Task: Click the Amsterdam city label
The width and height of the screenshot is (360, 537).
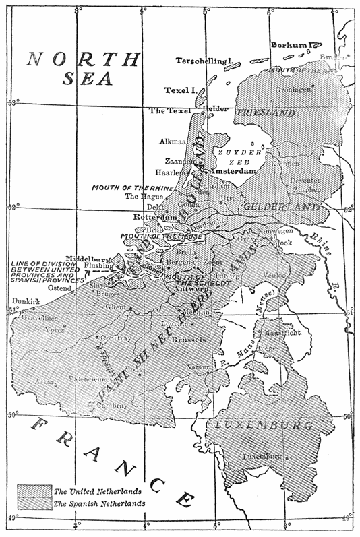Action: [x=231, y=172]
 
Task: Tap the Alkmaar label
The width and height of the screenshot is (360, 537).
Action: [x=174, y=142]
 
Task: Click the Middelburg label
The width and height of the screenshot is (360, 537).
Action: [x=84, y=257]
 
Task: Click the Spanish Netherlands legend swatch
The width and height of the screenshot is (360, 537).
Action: [x=31, y=503]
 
